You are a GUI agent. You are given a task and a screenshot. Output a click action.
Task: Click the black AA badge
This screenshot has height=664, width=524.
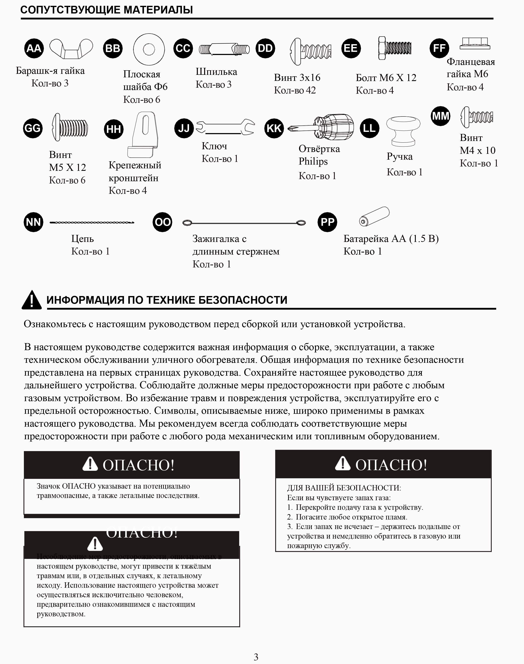[34, 48]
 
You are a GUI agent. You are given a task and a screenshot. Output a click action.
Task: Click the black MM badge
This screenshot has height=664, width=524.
[440, 116]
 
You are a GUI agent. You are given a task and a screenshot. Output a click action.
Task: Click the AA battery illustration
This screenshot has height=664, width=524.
[374, 217]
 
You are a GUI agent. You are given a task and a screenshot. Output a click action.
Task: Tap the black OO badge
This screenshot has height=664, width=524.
[162, 222]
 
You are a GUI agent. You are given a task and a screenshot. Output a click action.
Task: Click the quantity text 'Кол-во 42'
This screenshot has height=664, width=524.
[295, 90]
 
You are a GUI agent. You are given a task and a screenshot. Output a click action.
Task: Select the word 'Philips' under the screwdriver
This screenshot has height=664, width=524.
[313, 161]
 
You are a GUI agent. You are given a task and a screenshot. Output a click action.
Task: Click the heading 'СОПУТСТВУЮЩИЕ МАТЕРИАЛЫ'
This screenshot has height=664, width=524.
[107, 10]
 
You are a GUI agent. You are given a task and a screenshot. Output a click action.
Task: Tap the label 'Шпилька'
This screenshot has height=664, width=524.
[216, 72]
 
